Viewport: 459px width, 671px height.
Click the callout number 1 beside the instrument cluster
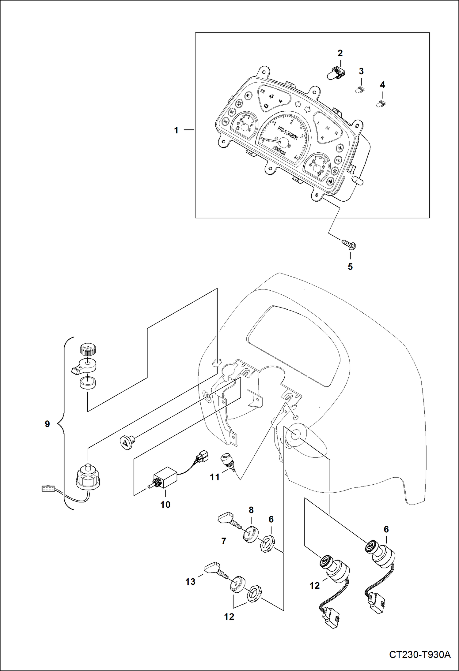(x=176, y=130)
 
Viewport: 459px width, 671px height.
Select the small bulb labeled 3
(x=359, y=90)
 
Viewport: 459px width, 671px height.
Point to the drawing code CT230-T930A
(x=419, y=655)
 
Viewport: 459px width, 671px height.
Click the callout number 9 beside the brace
(x=47, y=424)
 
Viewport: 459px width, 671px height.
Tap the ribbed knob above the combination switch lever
(x=88, y=349)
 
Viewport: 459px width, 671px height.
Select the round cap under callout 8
(x=251, y=534)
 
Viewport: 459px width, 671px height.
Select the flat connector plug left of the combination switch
(x=47, y=489)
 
